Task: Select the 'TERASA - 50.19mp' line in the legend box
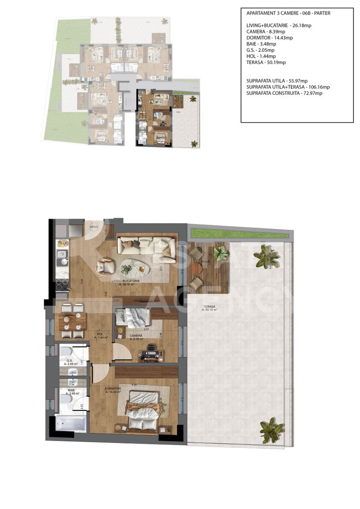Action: [266, 62]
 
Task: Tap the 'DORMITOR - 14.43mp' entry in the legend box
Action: [269, 38]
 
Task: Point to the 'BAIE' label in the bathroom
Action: [71, 390]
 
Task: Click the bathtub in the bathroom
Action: [70, 423]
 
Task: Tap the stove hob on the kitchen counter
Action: [62, 284]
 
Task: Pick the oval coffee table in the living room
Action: [134, 268]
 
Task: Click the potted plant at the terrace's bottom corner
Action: [272, 429]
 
